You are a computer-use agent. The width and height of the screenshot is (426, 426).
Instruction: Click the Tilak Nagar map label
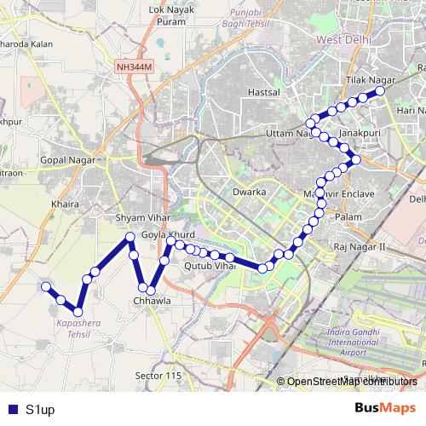coord(366,78)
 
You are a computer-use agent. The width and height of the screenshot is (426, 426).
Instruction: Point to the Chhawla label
coord(153,301)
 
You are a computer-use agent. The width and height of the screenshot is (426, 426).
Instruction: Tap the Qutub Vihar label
coord(209,266)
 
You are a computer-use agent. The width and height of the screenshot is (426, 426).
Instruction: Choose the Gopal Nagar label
coord(72,160)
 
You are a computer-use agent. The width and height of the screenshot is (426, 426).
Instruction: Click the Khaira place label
coord(65,204)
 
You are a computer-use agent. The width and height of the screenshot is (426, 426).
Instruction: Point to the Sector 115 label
coord(159,376)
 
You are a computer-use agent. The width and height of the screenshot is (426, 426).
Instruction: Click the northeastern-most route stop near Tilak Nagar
coord(380,90)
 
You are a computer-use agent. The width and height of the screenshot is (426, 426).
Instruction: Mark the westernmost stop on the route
coord(46,287)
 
